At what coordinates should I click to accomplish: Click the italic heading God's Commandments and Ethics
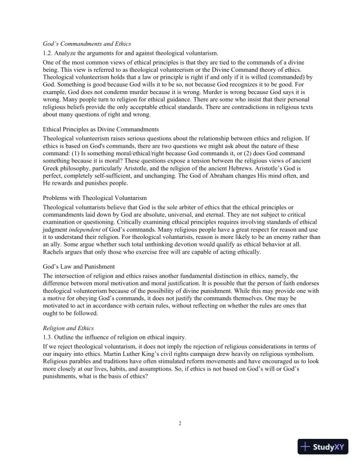[x=87, y=44]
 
